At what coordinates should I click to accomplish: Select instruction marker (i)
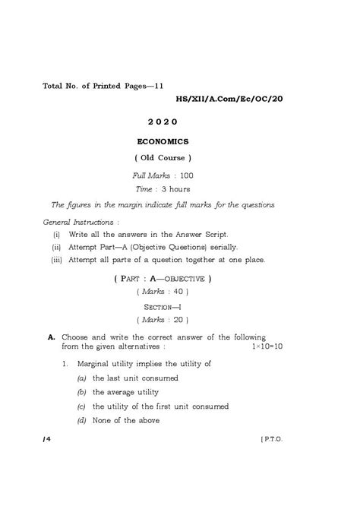[56, 234]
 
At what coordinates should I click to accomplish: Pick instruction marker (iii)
[56, 261]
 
